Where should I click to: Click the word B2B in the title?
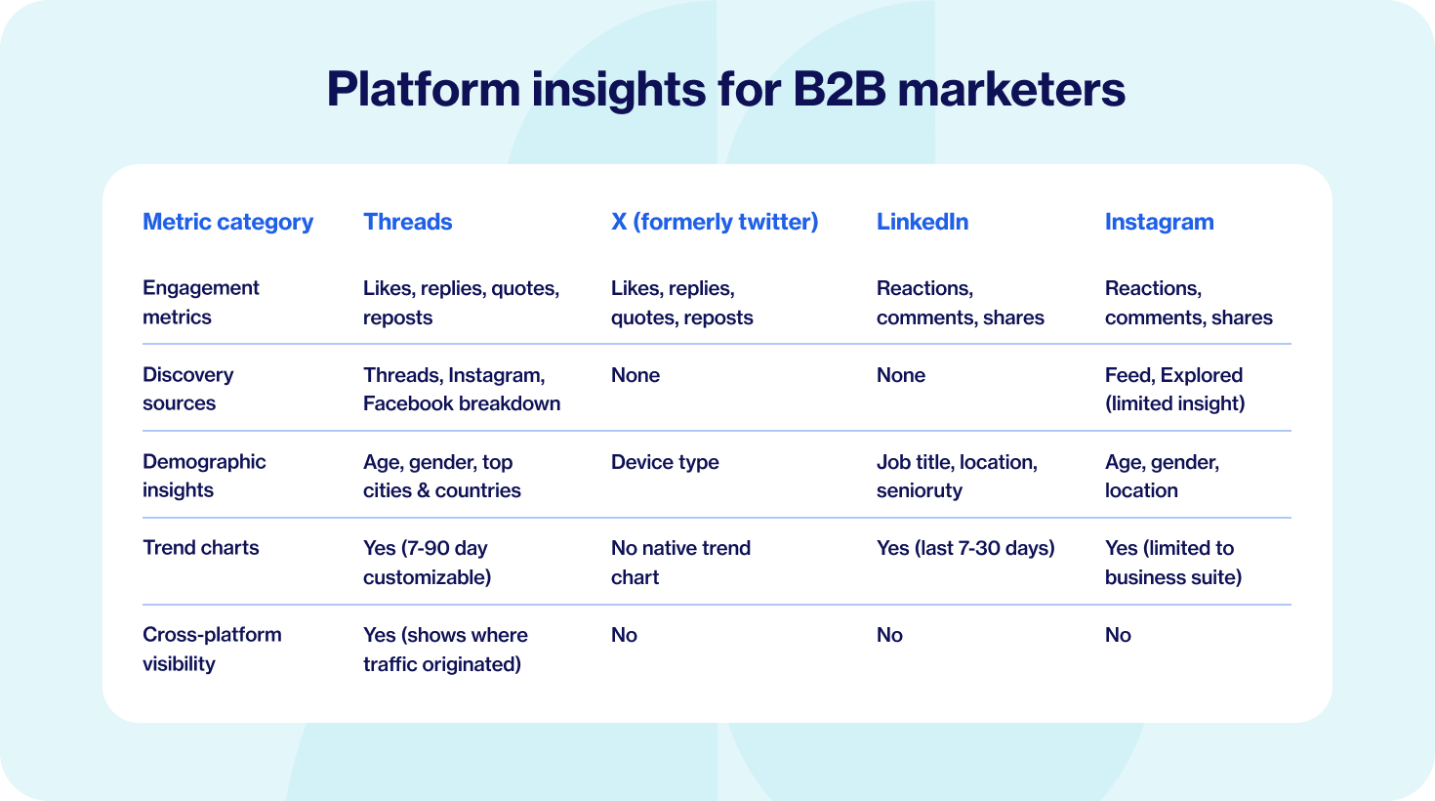840,89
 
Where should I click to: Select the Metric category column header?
228,223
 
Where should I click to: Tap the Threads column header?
407,222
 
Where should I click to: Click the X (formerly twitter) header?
715,223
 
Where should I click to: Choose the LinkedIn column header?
922,222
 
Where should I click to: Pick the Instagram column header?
1160,223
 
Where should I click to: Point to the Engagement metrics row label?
200,302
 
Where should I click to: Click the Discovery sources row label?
187,389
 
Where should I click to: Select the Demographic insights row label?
204,476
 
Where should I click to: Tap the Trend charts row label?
200,548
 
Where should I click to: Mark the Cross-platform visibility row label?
212,649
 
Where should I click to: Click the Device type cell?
665,462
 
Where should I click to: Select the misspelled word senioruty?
920,490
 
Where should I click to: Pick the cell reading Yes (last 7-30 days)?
965,549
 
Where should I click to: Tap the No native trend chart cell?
680,563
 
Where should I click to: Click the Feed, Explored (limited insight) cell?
1175,389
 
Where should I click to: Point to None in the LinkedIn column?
901,375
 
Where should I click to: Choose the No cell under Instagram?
1118,635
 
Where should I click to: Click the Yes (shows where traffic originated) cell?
445,650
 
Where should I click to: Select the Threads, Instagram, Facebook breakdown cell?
462,389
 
